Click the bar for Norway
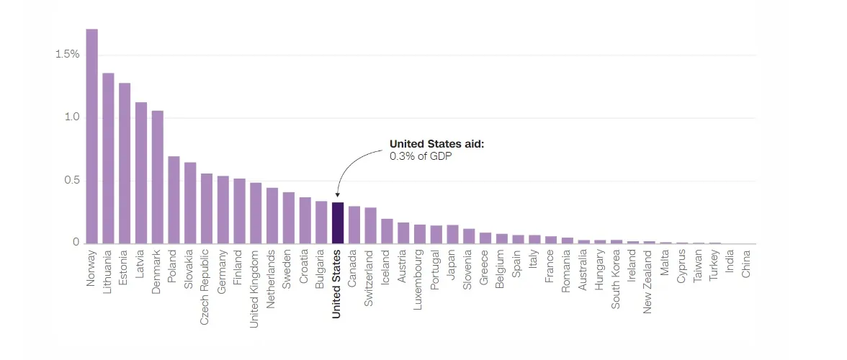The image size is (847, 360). click(x=92, y=136)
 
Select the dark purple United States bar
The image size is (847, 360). click(x=338, y=223)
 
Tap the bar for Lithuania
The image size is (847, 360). click(x=108, y=158)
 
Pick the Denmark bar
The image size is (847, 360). click(x=157, y=177)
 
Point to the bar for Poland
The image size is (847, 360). click(x=174, y=200)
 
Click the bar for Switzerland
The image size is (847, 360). click(x=370, y=225)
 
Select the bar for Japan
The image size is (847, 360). click(x=452, y=234)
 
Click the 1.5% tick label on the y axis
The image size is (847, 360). click(x=68, y=54)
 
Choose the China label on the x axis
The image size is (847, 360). click(x=746, y=264)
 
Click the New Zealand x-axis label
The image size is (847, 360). click(x=647, y=282)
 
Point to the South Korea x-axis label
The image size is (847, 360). click(x=615, y=279)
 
